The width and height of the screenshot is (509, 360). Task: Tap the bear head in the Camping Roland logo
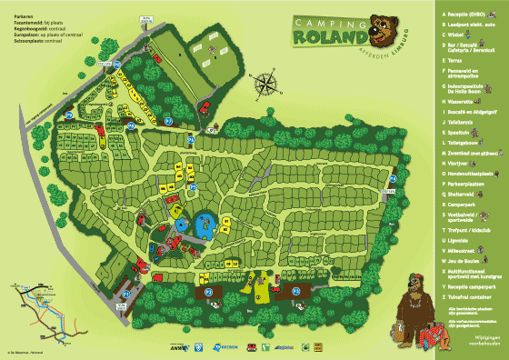[x=385, y=28]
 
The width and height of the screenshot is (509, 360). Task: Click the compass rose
[x=265, y=85]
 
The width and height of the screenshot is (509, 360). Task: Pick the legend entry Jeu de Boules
[x=459, y=262]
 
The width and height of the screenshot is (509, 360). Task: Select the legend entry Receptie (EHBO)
[x=463, y=15]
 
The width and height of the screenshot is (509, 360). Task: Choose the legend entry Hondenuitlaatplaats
[x=464, y=174]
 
